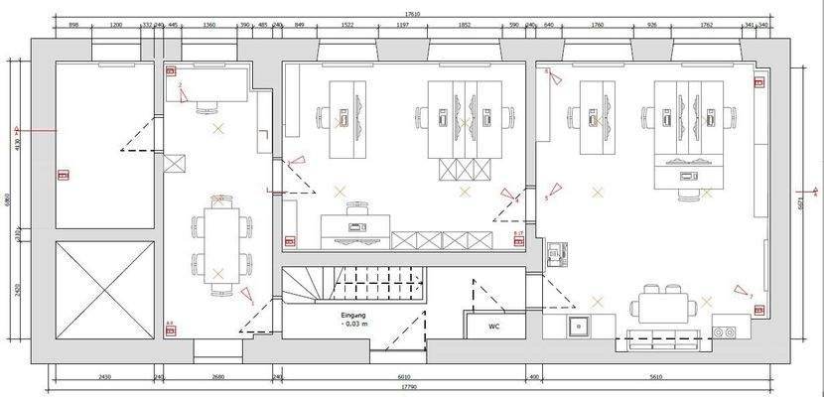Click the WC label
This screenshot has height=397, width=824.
point(494,327)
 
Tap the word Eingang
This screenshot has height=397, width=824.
point(354,315)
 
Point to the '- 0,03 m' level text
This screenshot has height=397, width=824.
point(354,325)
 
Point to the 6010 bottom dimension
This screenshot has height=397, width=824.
point(403,377)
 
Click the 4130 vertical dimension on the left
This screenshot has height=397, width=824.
point(18,145)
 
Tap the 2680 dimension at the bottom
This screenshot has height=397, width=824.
point(218,377)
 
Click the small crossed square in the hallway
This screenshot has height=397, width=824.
point(178,165)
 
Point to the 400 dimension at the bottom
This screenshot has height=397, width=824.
point(534,377)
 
